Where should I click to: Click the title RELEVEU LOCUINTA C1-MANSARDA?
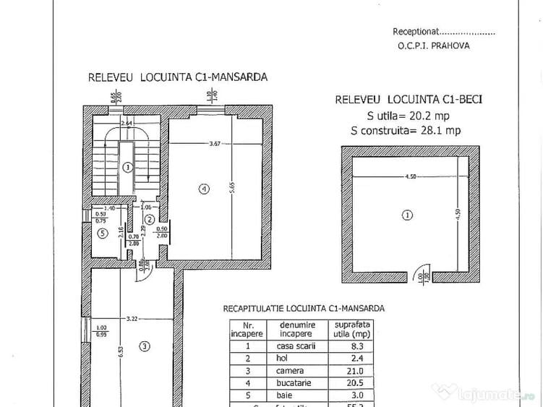178,76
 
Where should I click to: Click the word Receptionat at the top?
416,32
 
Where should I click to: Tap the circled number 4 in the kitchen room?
205,189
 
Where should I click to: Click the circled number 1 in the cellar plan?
407,215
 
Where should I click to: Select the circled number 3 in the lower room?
145,346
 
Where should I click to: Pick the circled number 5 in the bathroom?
103,233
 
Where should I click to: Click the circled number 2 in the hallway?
149,219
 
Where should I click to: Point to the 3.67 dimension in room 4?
214,144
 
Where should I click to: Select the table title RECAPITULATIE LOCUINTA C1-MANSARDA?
303,309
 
